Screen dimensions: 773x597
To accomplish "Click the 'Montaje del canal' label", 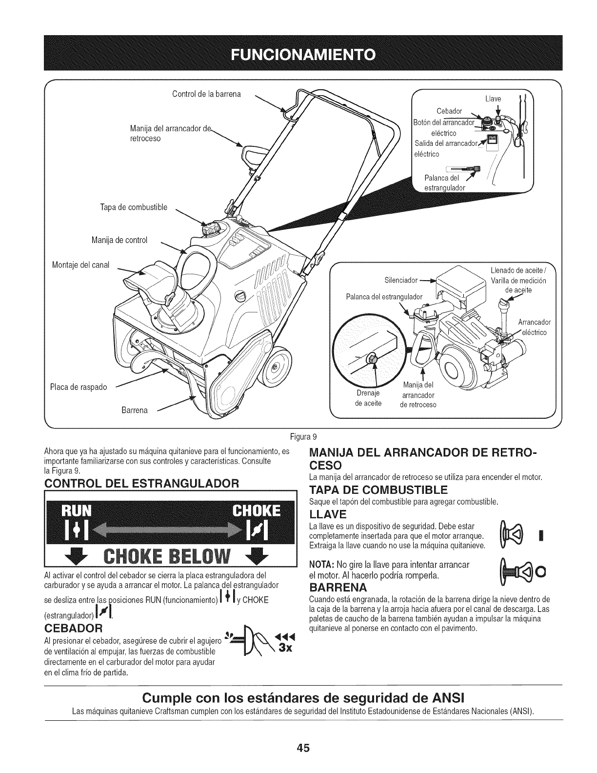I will click(x=81, y=265).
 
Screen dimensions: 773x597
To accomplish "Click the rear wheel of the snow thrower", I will click(x=275, y=367).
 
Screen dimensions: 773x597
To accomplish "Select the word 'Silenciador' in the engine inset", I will click(x=401, y=280).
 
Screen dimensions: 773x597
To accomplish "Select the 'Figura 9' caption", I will click(x=298, y=436).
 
